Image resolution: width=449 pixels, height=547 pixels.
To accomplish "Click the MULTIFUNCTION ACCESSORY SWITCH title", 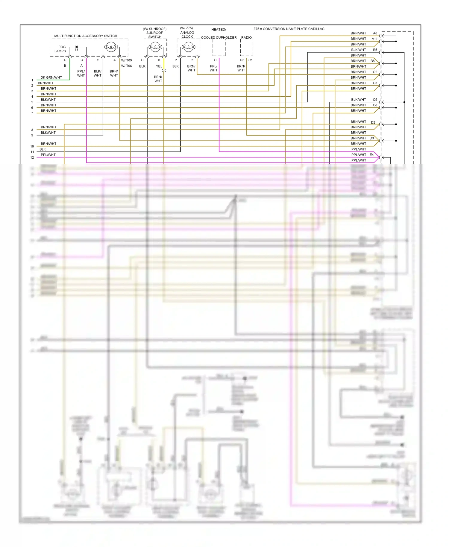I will coord(86,36).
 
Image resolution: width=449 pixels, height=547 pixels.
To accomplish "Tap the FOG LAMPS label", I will coord(61,49).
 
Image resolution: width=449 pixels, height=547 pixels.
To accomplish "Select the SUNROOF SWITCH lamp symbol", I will coord(155,47).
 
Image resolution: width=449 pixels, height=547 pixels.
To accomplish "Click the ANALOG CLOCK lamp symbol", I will coord(188,47).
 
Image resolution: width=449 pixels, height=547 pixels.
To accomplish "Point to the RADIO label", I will coord(246,38).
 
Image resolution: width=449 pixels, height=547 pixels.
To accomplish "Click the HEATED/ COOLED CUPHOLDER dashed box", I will coord(219,48).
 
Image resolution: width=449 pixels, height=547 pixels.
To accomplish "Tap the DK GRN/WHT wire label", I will coord(51,78).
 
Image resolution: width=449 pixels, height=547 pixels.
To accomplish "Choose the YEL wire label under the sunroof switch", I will coord(159,66).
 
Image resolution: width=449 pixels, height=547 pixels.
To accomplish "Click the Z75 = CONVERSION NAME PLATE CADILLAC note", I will coord(289,29).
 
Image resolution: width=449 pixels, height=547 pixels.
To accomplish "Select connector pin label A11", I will coord(374,39).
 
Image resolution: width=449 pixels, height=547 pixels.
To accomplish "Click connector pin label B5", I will coord(375,50).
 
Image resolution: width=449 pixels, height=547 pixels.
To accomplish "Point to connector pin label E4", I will coord(371,155).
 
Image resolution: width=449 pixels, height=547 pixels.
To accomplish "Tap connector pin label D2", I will coord(373,122).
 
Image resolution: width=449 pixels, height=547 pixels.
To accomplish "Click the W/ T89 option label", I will coord(126,60).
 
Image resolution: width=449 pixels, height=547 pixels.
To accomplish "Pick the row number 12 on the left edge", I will coord(32,158).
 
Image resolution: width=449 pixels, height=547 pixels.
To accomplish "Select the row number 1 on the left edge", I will coord(32,80).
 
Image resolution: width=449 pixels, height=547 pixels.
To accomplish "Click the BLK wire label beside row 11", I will coord(43,149).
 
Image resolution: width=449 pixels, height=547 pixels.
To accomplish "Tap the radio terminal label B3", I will coord(242,60).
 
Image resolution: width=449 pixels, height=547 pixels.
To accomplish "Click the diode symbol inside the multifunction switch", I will coord(76,47).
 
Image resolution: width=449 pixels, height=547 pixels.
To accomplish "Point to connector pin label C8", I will coord(375,105).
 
